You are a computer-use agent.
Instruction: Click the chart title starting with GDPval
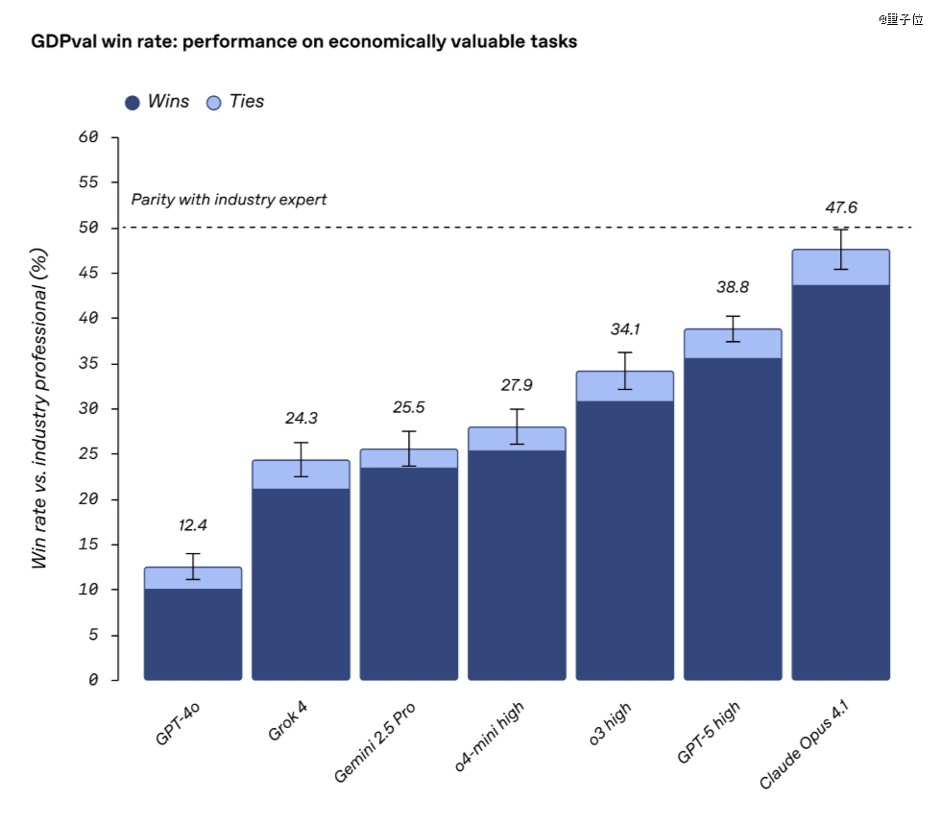[304, 42]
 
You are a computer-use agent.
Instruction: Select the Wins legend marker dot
[133, 103]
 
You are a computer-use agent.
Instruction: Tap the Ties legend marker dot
[214, 103]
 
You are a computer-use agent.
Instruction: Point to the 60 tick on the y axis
[87, 137]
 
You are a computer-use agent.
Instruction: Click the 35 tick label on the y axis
[87, 364]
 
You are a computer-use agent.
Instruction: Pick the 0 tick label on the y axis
[93, 680]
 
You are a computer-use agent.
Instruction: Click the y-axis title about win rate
[39, 407]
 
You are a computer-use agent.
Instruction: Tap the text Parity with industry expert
[229, 200]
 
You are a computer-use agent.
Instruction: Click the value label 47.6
[840, 207]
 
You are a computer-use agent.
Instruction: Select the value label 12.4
[193, 525]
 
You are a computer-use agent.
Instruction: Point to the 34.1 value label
[625, 329]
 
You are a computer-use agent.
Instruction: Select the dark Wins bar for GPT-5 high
[733, 519]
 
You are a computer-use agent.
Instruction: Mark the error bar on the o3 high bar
[625, 371]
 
